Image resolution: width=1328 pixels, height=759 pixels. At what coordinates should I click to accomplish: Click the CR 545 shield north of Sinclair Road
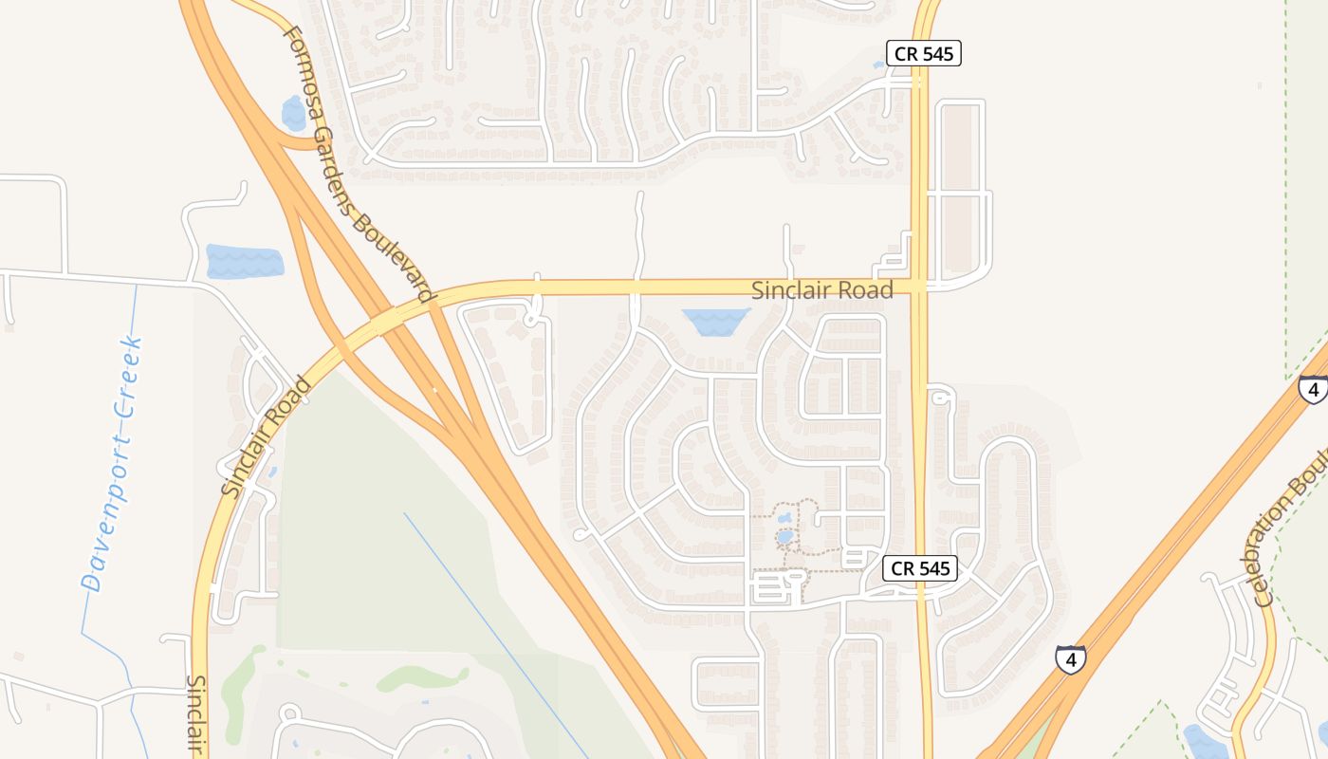924,54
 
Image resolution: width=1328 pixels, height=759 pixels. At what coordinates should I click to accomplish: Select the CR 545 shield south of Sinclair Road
920,568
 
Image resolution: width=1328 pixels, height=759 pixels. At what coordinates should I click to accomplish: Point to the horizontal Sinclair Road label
821,290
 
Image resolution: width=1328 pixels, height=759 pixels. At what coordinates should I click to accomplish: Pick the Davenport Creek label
112,465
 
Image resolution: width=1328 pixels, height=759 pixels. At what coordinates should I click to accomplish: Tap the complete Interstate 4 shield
1070,659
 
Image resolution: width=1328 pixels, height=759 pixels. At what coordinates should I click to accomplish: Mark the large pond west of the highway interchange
245,261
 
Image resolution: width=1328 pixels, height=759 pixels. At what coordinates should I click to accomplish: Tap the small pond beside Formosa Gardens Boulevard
293,114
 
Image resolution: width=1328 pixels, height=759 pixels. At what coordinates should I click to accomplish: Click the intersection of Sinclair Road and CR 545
919,286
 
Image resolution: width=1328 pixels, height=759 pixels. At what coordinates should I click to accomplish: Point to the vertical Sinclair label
197,713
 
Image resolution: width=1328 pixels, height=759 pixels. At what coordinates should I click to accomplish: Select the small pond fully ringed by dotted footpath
784,537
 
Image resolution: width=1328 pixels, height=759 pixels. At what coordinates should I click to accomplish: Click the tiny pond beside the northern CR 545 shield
879,65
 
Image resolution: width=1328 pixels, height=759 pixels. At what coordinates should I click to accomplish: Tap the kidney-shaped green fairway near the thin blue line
423,677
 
